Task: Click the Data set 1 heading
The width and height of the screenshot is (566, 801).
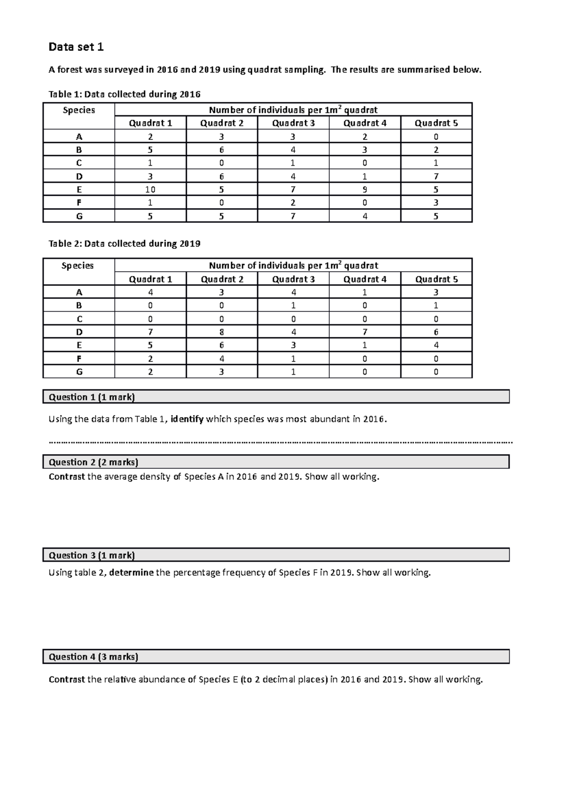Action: [76, 47]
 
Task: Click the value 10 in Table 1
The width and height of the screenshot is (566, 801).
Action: [150, 190]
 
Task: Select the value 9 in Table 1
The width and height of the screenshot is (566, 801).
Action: [365, 190]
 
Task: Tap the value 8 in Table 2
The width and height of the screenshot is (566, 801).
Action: [222, 332]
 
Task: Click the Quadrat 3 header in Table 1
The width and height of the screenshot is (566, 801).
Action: [293, 123]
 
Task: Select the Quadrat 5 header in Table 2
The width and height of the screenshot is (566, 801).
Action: [436, 279]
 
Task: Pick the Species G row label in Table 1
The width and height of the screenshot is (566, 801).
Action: [79, 217]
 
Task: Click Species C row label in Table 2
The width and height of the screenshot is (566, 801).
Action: [79, 319]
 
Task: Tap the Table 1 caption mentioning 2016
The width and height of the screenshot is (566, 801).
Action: [125, 94]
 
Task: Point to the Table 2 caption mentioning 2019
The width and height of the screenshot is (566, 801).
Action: [125, 244]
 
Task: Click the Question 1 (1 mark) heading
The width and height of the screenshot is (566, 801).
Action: [92, 397]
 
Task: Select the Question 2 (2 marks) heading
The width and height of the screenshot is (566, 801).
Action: [93, 462]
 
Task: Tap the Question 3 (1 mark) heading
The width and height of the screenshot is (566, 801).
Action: [92, 555]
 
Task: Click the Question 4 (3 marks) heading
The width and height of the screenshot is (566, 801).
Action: [93, 657]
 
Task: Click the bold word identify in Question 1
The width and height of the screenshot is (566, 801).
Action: [187, 419]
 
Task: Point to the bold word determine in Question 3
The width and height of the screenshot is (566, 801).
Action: [131, 573]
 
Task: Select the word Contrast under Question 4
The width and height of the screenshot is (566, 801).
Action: [67, 680]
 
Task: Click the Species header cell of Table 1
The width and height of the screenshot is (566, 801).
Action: [79, 110]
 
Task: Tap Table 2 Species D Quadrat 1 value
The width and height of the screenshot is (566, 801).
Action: [150, 332]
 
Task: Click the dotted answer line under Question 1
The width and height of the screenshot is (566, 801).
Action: [280, 442]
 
